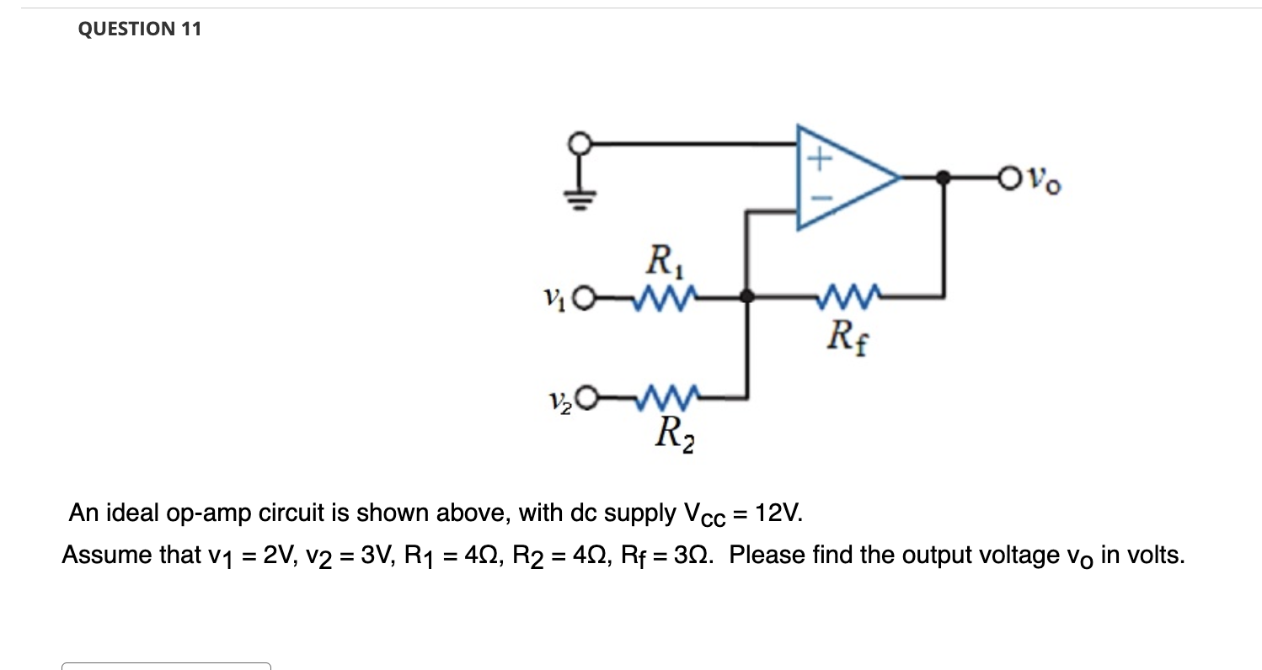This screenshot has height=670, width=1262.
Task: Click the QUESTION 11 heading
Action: pos(139,29)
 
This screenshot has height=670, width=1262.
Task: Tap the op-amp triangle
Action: pos(842,178)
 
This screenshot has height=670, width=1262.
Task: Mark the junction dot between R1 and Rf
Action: pos(746,296)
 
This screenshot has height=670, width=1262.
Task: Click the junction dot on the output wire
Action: pos(944,178)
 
